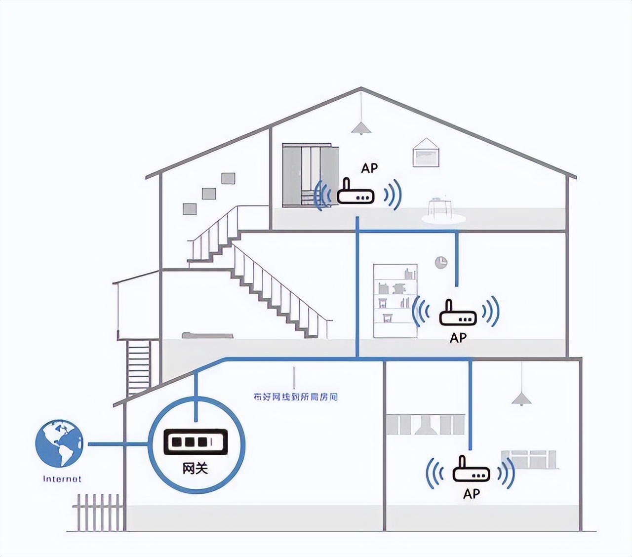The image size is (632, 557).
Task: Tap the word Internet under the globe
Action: (62, 479)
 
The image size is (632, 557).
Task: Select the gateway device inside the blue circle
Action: (196, 441)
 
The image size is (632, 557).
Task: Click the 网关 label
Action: (195, 468)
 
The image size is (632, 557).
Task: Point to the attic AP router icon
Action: (355, 194)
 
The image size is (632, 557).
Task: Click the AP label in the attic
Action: (369, 168)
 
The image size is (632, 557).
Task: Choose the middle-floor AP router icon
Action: (458, 314)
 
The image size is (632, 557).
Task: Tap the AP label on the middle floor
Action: (458, 338)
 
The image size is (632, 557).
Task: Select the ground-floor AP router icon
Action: (472, 471)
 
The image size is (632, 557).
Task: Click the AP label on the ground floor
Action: (472, 493)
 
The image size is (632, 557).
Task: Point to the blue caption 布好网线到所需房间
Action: (295, 397)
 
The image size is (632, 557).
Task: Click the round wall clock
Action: (441, 262)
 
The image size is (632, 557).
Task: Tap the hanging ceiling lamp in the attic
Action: (361, 127)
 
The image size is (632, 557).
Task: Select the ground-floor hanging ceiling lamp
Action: (520, 398)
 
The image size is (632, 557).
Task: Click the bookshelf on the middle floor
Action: (395, 301)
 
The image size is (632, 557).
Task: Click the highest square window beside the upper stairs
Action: (228, 178)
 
